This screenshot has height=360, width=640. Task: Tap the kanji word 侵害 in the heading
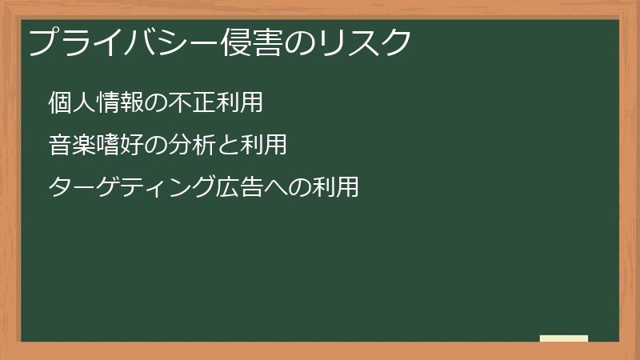251,42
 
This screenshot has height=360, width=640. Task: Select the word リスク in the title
365,42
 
